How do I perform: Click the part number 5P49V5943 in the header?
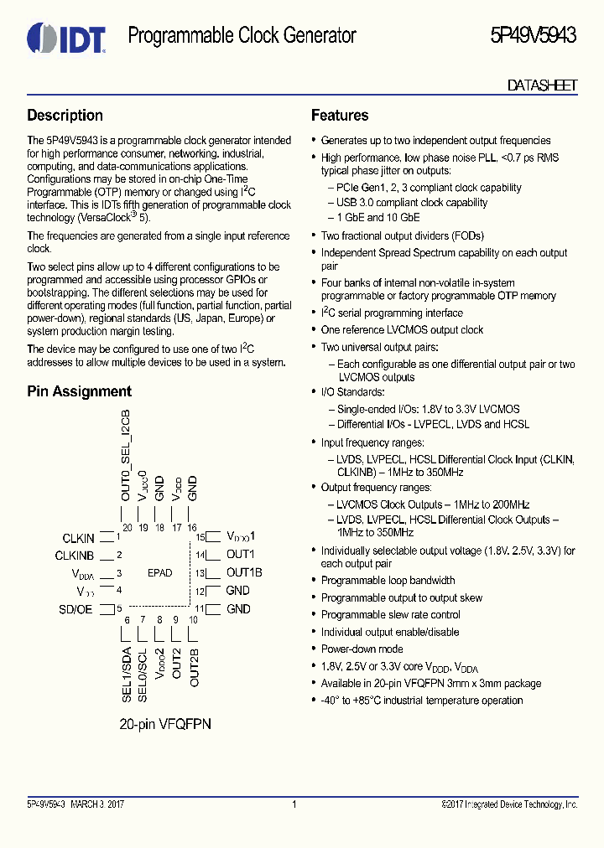533,36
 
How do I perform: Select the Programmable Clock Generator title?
242,36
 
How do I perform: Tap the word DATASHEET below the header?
542,85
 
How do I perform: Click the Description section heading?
65,116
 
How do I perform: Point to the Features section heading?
340,116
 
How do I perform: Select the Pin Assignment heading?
80,391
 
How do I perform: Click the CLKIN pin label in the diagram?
78,538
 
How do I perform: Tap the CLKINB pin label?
75,556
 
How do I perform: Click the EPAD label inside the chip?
159,573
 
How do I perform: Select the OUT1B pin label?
244,573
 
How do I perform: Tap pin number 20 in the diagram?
127,528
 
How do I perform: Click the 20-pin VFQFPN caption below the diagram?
164,723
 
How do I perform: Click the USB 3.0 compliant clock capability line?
412,202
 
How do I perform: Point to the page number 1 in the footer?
294,805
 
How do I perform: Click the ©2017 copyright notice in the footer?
509,805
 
